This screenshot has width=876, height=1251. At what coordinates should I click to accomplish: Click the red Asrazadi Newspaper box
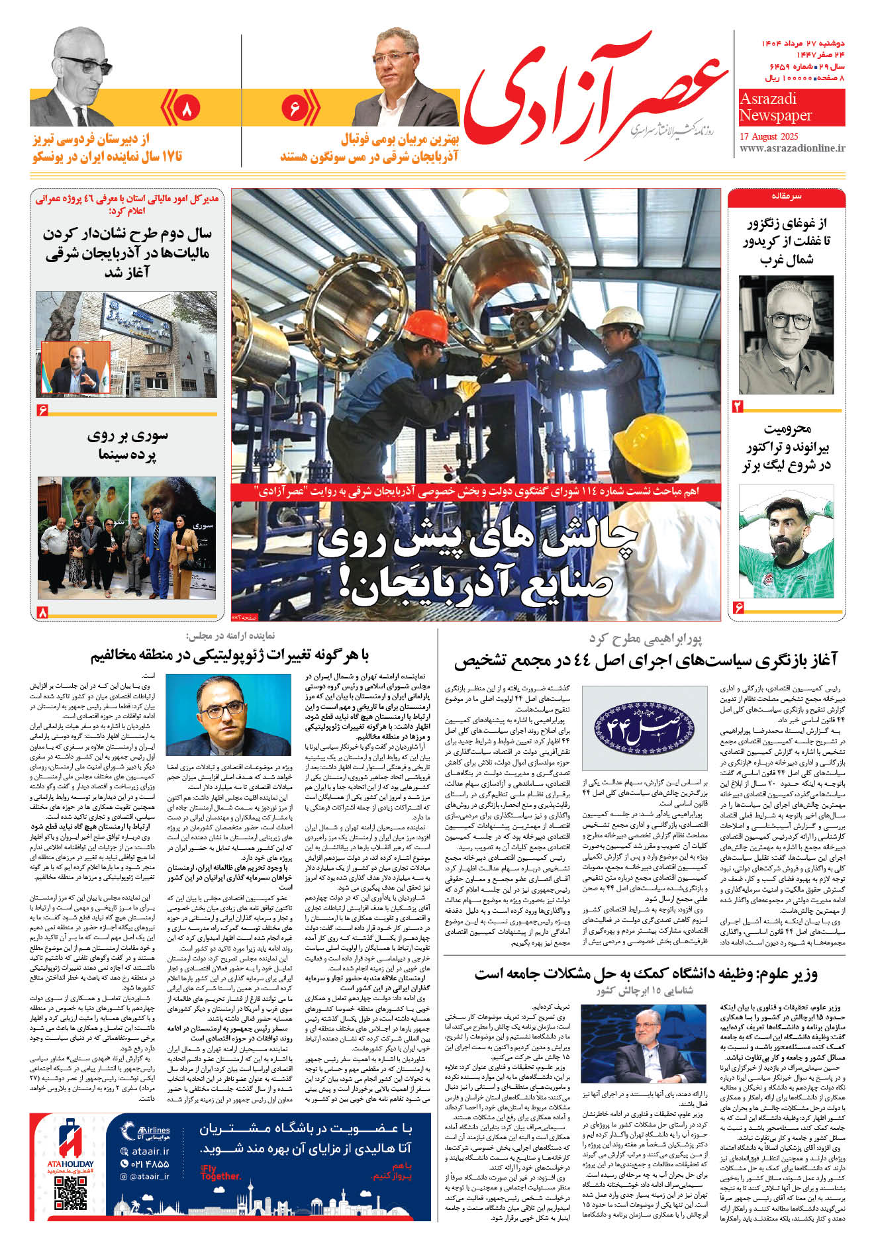[x=791, y=107]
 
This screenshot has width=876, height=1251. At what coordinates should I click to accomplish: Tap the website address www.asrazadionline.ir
[x=791, y=148]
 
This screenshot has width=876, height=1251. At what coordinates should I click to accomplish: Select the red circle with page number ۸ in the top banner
[x=186, y=108]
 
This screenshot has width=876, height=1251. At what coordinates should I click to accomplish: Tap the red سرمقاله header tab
[x=786, y=197]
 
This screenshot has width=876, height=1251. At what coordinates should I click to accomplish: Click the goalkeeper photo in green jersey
[x=786, y=541]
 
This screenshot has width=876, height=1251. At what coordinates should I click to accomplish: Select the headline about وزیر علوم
[x=646, y=974]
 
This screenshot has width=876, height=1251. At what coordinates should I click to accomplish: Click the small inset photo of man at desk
[x=75, y=367]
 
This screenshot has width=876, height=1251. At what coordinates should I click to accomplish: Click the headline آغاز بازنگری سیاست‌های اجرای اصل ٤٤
[x=646, y=660]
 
